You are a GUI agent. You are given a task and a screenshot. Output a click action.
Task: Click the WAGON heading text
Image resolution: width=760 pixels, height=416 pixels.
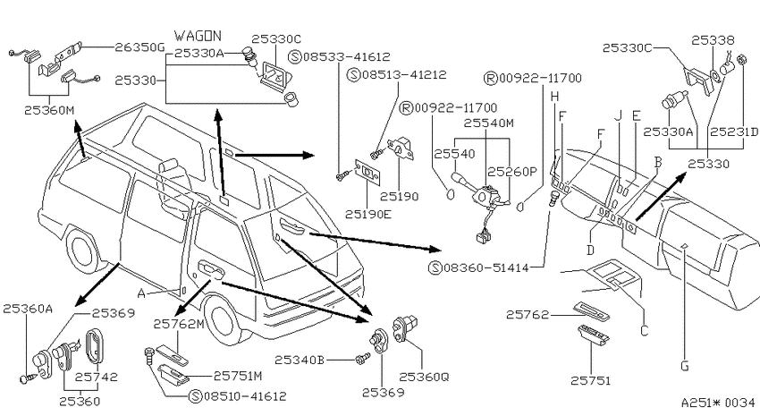click(198, 36)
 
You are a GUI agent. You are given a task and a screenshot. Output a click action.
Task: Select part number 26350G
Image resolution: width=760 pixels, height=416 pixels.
click(140, 47)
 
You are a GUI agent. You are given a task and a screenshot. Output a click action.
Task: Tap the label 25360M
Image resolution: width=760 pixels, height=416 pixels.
click(49, 111)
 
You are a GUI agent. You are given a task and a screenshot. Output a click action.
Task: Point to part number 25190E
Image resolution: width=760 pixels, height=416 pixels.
click(367, 214)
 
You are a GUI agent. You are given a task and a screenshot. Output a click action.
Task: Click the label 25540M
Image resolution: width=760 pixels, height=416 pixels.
click(488, 123)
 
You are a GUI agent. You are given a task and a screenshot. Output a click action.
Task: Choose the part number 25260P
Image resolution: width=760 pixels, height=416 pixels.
click(512, 172)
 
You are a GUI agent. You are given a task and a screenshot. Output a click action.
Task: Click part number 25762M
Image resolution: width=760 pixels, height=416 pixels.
click(179, 324)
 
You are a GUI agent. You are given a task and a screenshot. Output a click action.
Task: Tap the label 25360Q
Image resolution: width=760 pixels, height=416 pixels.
click(424, 377)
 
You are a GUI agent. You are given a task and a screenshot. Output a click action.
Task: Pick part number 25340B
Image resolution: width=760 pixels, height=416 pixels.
click(300, 361)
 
